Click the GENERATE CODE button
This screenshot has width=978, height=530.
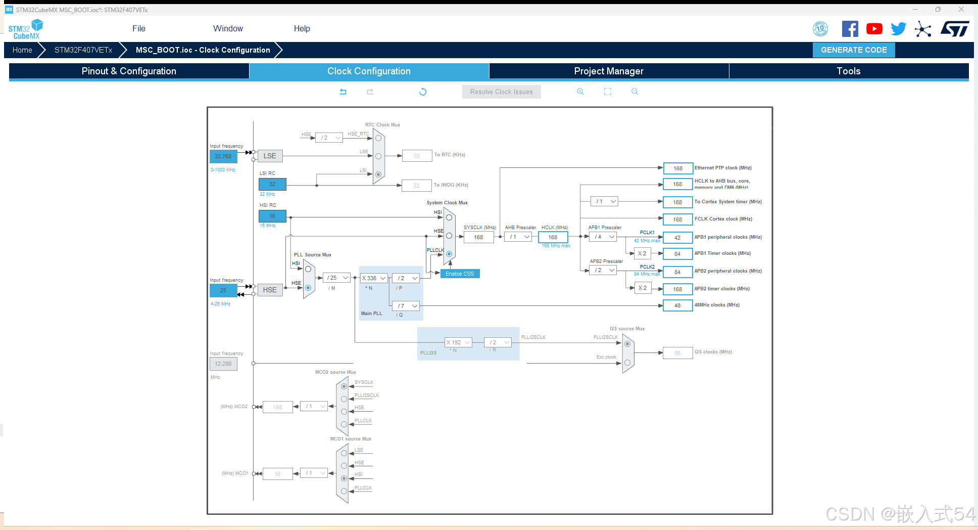(853, 50)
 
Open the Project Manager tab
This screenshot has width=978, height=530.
(608, 71)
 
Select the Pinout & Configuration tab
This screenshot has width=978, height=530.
(129, 71)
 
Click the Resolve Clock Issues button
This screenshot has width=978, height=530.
(501, 92)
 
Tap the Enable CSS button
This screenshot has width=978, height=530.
(460, 274)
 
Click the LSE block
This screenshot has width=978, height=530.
(270, 156)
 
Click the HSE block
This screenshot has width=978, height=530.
(270, 290)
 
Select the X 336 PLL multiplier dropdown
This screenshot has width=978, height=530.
(374, 278)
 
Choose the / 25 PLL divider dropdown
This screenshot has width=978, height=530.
(337, 278)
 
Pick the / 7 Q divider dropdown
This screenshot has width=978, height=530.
(406, 306)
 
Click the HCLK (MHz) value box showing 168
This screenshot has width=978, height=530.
(553, 237)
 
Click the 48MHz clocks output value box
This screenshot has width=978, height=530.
(677, 305)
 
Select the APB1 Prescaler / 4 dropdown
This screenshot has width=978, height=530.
(604, 237)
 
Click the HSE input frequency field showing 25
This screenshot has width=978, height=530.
(223, 290)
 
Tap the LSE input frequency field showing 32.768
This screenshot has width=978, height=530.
(223, 157)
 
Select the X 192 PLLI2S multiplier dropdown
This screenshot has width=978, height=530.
(458, 342)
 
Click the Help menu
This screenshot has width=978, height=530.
(302, 29)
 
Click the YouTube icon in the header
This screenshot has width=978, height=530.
(874, 29)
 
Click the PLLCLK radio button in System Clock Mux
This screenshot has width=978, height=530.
(449, 254)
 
